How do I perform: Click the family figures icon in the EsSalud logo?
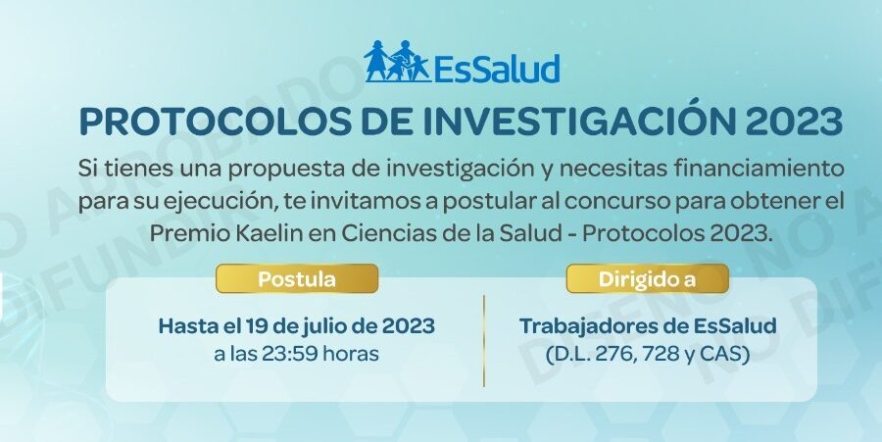[x=396, y=62]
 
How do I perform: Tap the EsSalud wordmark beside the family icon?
[x=497, y=69]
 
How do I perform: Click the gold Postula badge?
[x=297, y=279]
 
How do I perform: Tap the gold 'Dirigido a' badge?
[x=648, y=279]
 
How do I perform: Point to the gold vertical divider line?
[x=484, y=341]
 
